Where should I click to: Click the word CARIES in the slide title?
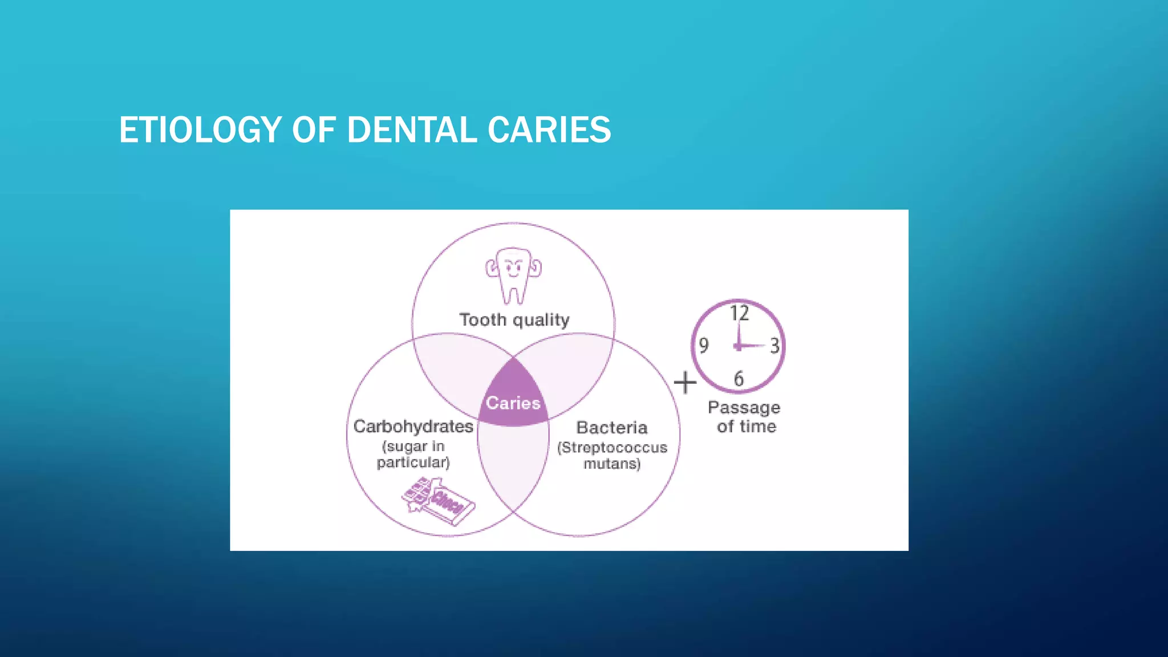click(549, 129)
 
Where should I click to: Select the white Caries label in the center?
click(513, 403)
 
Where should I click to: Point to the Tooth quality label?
click(514, 320)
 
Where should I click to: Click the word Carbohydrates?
click(413, 427)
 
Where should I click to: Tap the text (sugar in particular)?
click(413, 454)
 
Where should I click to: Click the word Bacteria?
click(612, 428)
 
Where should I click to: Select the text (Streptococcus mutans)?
click(612, 455)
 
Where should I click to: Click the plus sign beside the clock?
click(685, 382)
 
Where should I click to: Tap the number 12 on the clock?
click(739, 313)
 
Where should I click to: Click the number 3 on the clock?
click(774, 346)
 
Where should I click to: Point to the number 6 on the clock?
click(739, 379)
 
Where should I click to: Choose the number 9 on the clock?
click(704, 346)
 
